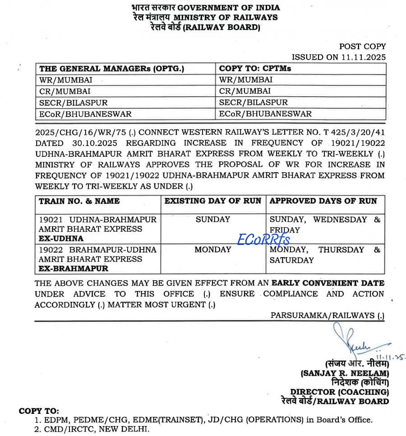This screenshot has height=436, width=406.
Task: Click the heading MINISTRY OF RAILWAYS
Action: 226,18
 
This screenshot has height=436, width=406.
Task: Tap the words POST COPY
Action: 362,46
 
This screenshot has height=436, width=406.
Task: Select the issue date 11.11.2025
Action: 364,57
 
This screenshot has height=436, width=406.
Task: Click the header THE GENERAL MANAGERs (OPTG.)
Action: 112,69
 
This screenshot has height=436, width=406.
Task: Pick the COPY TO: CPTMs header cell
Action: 255,69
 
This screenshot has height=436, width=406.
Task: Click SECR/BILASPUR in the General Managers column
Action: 73,103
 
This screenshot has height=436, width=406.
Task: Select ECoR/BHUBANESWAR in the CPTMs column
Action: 265,114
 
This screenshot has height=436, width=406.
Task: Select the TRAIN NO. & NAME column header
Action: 79,201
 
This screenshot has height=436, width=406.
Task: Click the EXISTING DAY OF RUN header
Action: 213,201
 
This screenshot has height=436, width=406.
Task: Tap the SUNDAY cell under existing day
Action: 213,220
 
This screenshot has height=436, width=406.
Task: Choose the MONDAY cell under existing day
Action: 213,249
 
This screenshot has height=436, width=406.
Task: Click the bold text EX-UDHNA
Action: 61,239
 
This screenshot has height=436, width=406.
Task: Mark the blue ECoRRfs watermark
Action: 264,239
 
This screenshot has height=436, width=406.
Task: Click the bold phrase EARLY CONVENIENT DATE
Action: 328,283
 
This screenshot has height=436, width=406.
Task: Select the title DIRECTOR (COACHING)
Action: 339,392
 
